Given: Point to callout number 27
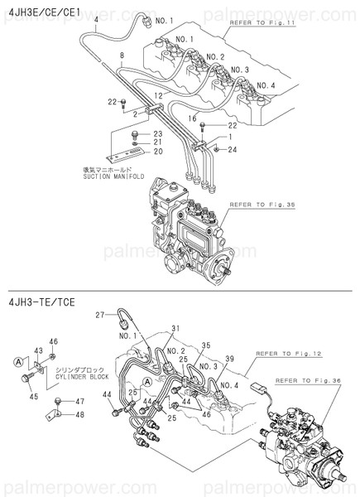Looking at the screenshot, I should click(99, 316).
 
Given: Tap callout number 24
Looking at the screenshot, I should click(233, 148).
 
